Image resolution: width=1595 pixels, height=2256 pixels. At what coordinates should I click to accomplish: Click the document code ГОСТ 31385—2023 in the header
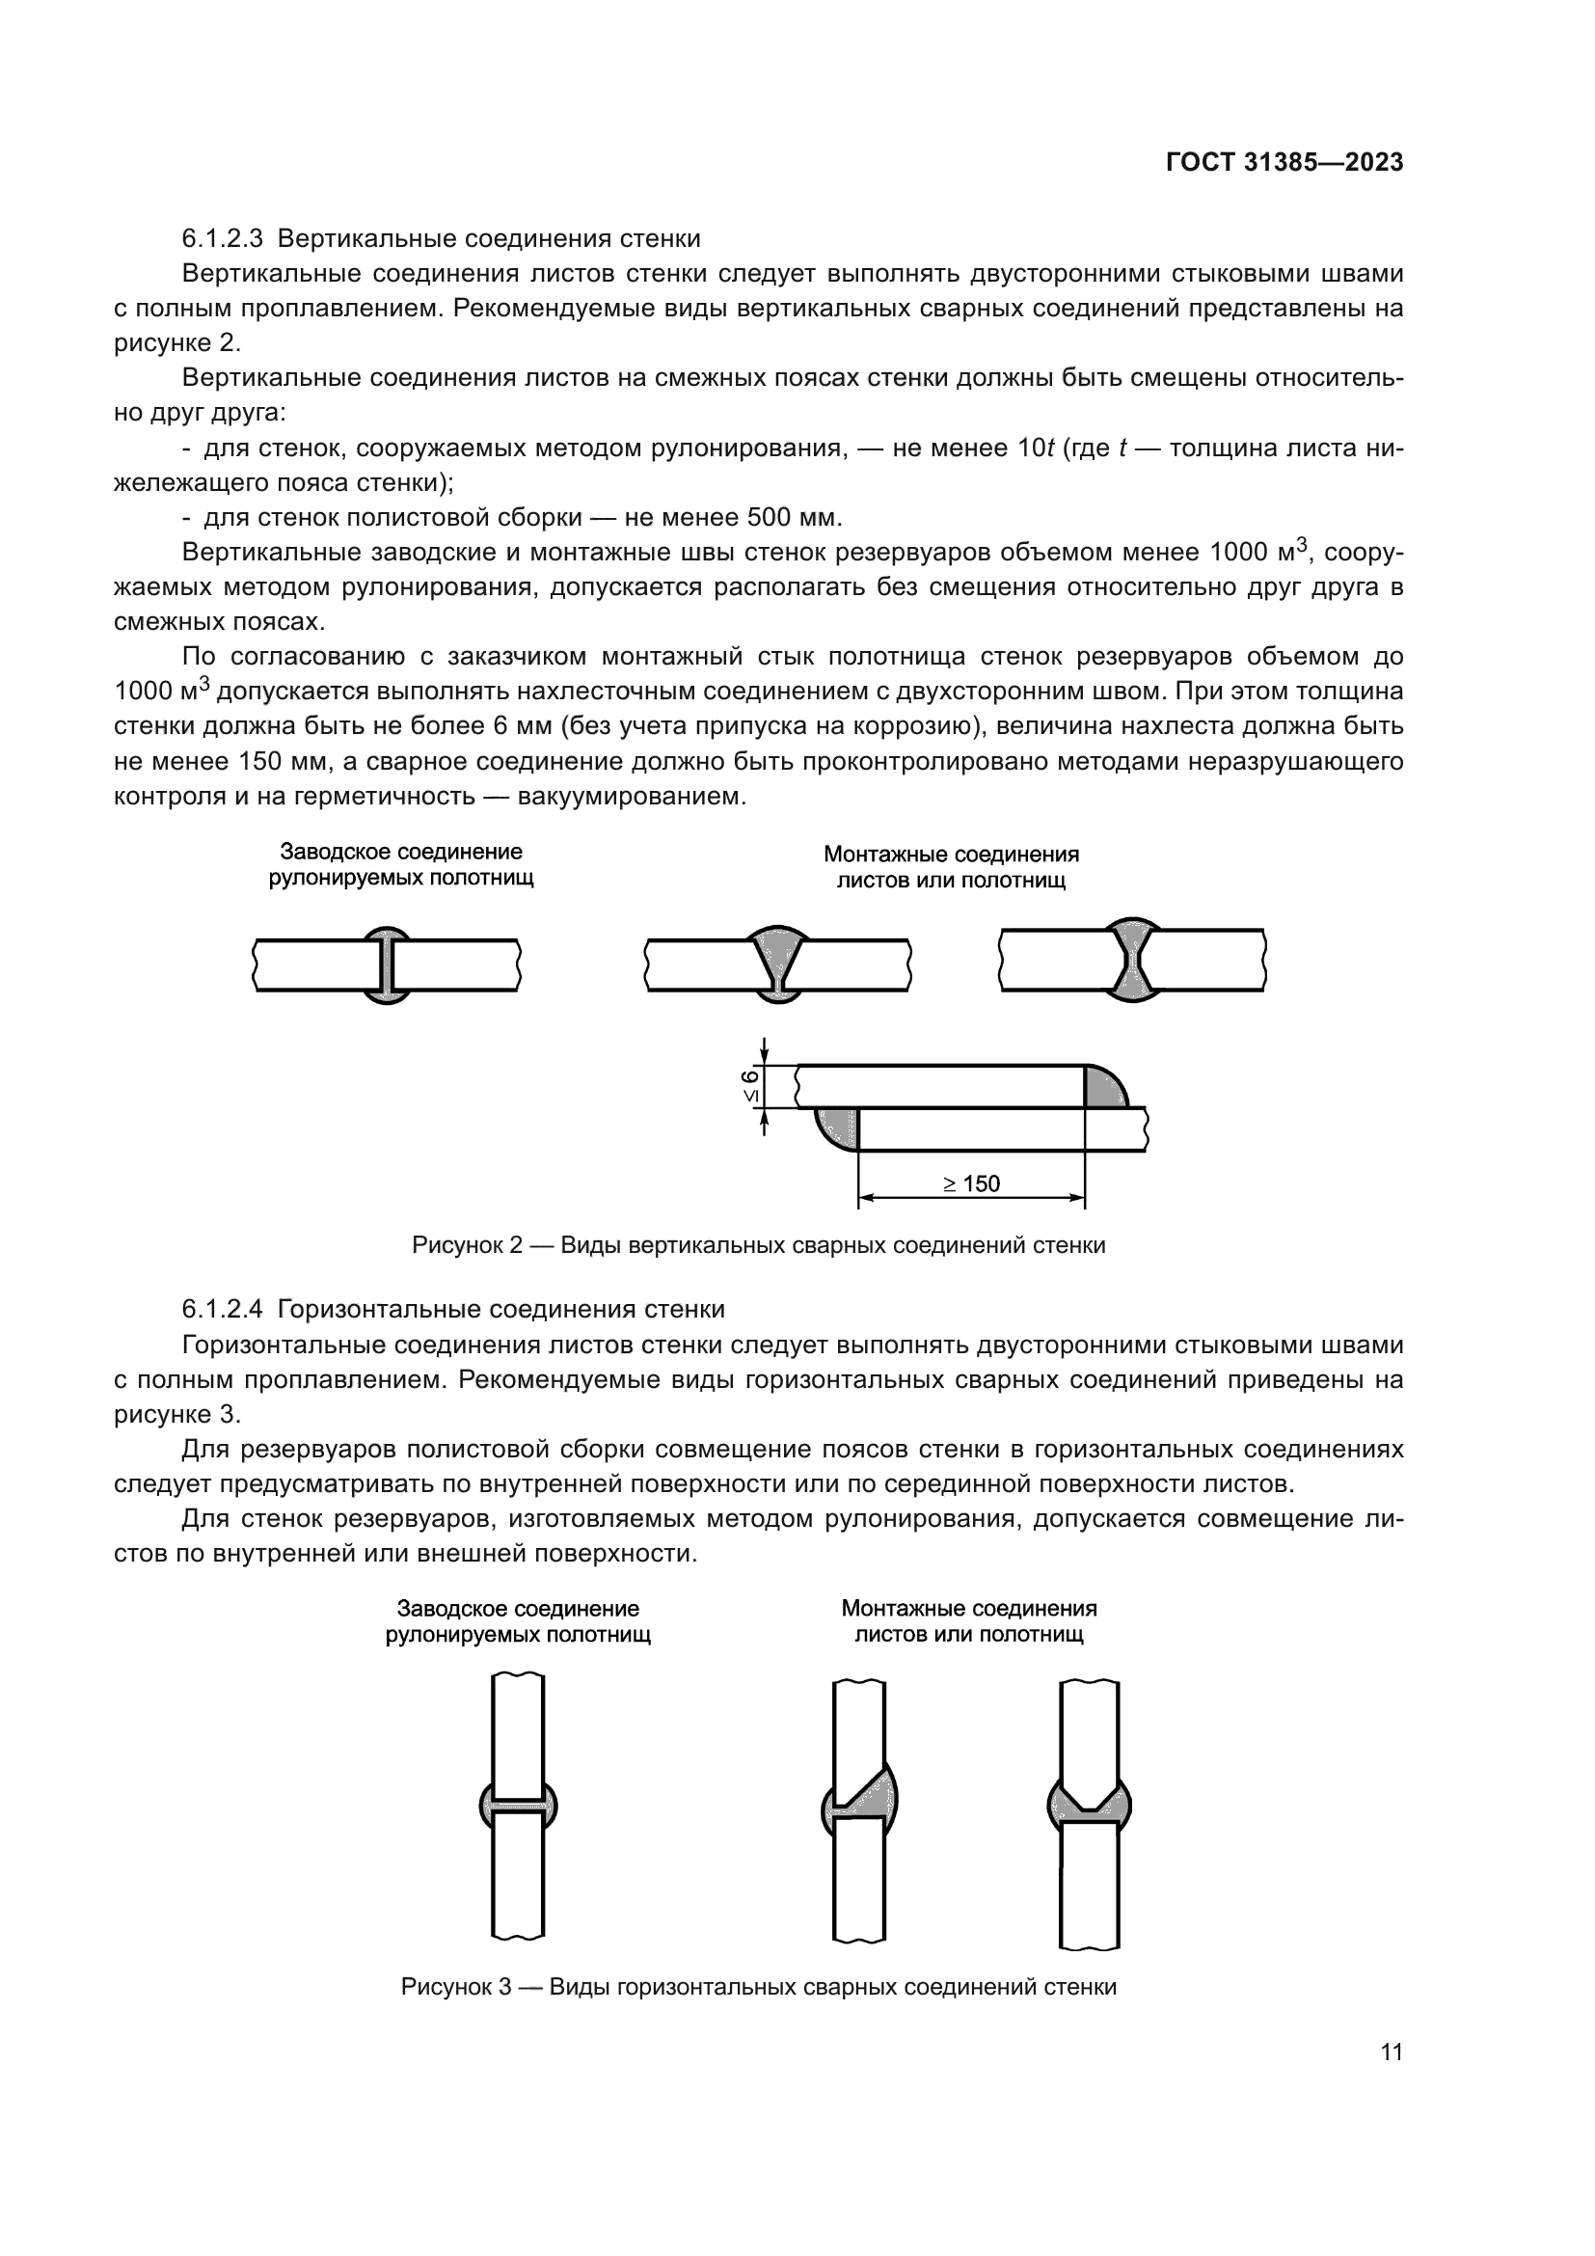coord(1284,163)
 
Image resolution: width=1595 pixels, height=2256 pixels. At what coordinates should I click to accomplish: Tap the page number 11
coord(1391,2052)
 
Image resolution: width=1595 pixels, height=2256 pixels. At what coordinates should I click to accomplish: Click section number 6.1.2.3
coord(222,239)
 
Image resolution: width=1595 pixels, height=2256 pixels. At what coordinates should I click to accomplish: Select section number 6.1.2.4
coord(222,1309)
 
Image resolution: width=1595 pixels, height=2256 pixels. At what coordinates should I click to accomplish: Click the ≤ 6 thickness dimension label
coord(750,1087)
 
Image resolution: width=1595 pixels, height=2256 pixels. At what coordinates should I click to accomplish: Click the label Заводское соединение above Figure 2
coord(401,852)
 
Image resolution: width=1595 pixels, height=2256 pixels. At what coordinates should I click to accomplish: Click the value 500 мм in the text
coord(794,518)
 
